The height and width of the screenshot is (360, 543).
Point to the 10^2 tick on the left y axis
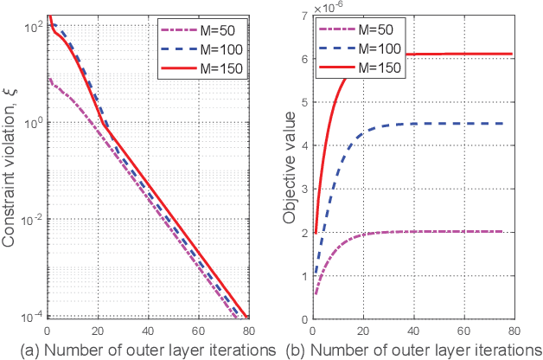32,28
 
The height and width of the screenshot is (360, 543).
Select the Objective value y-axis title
287,167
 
